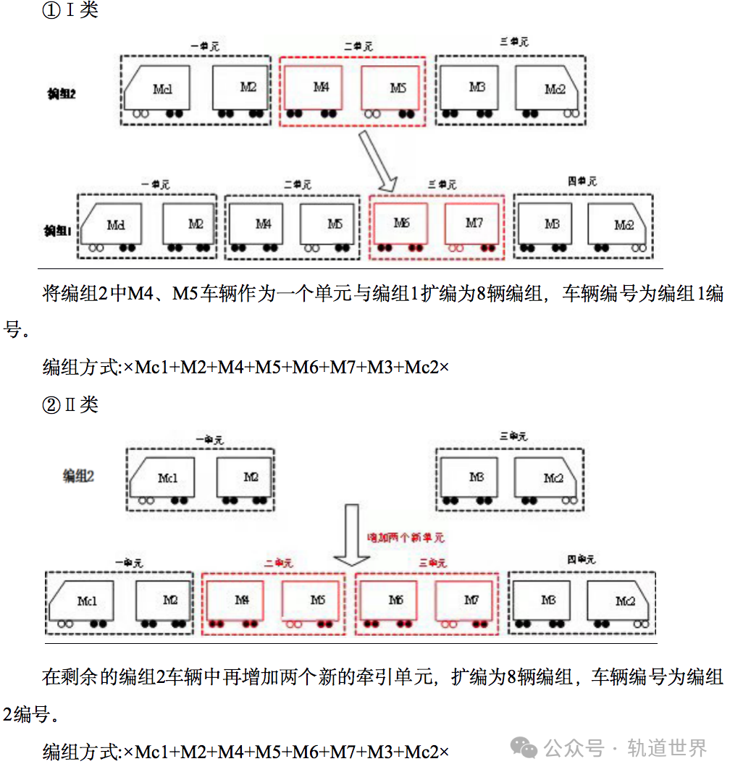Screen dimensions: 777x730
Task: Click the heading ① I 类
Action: point(70,11)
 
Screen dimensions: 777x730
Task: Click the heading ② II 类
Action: point(70,404)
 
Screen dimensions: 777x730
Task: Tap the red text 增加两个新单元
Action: point(406,538)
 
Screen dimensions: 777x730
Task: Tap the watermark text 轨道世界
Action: point(667,748)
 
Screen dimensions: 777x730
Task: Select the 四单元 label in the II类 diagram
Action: point(581,559)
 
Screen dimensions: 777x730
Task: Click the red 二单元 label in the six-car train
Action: point(358,46)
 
